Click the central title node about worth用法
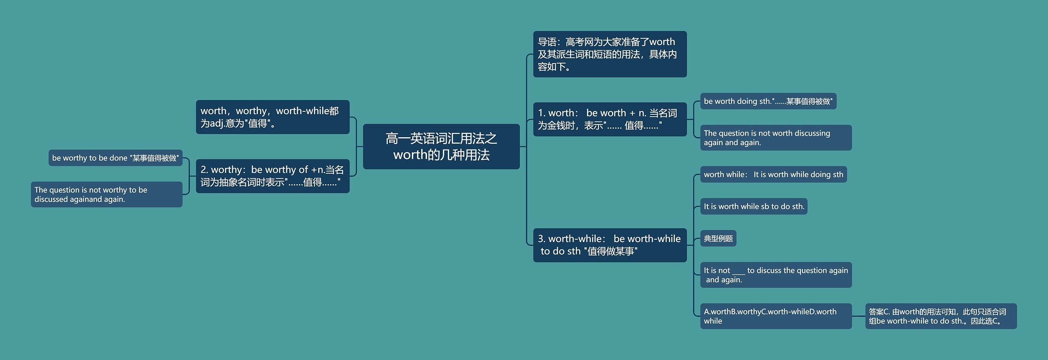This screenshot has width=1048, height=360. [441, 146]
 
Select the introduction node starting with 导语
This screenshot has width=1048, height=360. [609, 54]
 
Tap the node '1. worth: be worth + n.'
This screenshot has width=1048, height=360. [609, 119]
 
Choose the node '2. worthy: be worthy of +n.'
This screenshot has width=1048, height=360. [272, 176]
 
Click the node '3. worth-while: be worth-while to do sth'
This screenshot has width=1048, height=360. [609, 245]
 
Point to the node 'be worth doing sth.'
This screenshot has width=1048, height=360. [768, 101]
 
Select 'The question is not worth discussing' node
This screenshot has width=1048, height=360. [775, 138]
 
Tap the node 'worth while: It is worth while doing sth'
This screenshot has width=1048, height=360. [773, 174]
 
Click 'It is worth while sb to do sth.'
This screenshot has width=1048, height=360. [754, 206]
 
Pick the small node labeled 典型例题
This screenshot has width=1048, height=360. [718, 238]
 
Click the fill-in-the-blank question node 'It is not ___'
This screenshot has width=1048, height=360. [775, 275]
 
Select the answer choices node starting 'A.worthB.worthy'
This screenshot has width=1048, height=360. [775, 316]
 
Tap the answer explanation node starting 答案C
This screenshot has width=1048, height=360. [940, 316]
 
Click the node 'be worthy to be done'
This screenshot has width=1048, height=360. [115, 158]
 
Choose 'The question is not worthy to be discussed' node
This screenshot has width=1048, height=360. [106, 195]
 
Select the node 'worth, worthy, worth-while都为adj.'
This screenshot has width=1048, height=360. [272, 117]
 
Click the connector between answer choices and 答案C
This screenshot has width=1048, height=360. [858, 316]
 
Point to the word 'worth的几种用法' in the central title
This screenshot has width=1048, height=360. [441, 155]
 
